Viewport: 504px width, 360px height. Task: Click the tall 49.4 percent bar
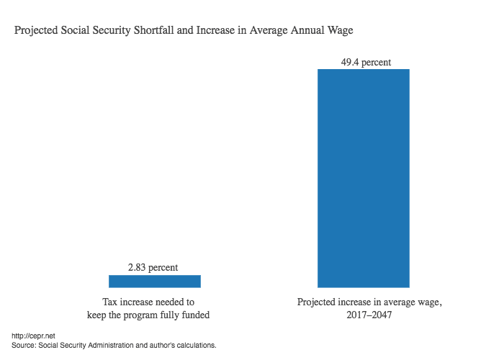click(364, 178)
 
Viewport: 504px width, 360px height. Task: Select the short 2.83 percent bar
click(154, 281)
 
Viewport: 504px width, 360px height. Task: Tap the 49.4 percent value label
click(366, 63)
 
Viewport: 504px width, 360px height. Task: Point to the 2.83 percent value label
click(153, 268)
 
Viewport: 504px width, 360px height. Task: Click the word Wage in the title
click(341, 32)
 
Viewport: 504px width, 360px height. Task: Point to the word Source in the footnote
click(24, 346)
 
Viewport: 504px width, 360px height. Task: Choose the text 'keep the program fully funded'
click(153, 315)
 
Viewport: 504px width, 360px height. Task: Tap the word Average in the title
click(266, 32)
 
